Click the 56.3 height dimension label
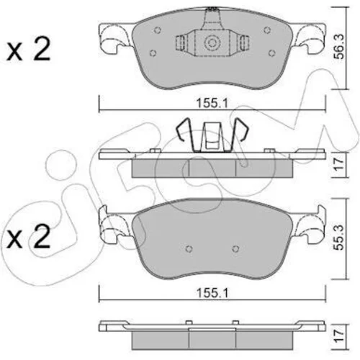[340, 47]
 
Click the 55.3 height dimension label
[340, 238]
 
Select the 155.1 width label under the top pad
[212, 104]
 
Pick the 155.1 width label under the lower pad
[212, 293]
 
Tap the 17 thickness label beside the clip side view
[340, 164]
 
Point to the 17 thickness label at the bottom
[340, 336]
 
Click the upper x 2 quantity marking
[29, 49]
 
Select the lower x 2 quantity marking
[29, 236]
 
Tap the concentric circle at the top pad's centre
[212, 43]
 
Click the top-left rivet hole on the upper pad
[157, 30]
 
